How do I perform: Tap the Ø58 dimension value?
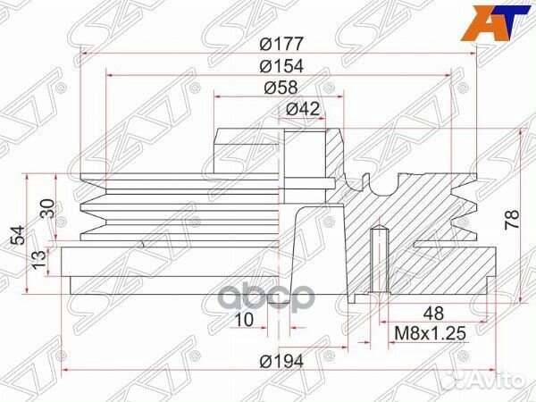[x=281, y=88]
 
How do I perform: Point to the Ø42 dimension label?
[x=303, y=109]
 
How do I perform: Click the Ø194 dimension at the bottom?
[x=281, y=362]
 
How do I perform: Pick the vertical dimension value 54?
[x=17, y=236]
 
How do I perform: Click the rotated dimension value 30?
[x=46, y=210]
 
